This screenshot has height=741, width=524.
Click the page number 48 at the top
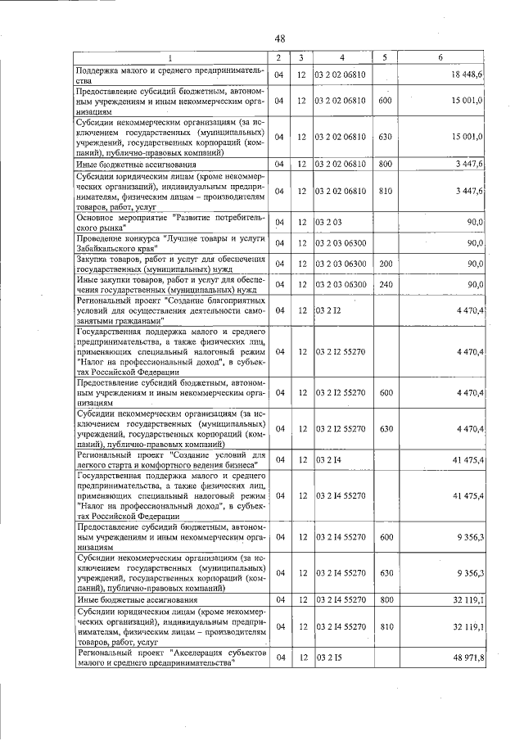279,38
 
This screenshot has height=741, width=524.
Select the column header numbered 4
341,57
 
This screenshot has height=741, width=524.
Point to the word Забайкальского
106,247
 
